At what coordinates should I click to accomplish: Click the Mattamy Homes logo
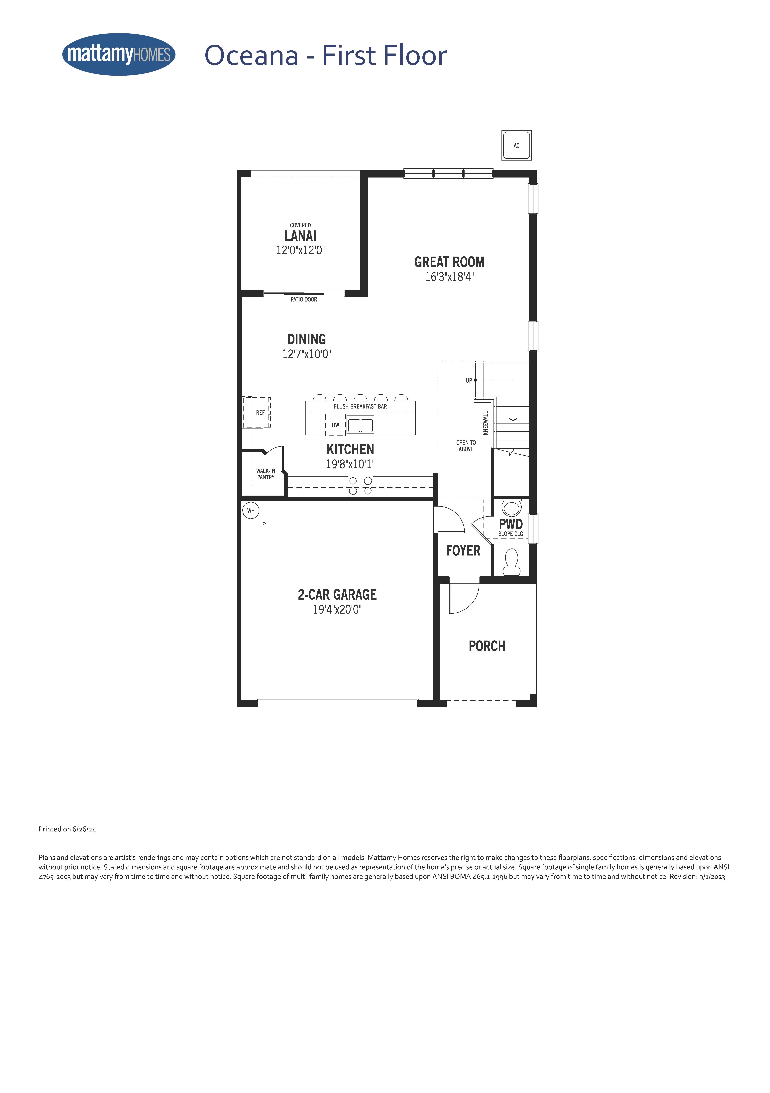coord(119,54)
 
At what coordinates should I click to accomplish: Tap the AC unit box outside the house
coord(516,145)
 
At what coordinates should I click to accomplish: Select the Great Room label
coord(449,262)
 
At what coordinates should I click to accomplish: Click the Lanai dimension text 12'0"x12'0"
coord(300,250)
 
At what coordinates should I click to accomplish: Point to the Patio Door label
coord(304,299)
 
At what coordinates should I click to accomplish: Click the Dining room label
coord(306,339)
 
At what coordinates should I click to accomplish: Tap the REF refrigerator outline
coord(257,412)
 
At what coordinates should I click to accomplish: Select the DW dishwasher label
coord(336,425)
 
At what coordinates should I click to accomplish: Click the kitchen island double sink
coord(360,425)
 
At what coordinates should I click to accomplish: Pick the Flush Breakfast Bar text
coord(360,407)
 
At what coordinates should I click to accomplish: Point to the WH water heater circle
coord(251,511)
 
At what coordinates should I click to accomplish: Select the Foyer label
coord(463,551)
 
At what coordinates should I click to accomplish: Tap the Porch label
coord(487,646)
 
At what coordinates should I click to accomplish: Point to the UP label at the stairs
coord(469,380)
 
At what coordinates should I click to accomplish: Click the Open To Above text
coord(466,446)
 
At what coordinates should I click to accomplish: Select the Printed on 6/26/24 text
coord(67,829)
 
